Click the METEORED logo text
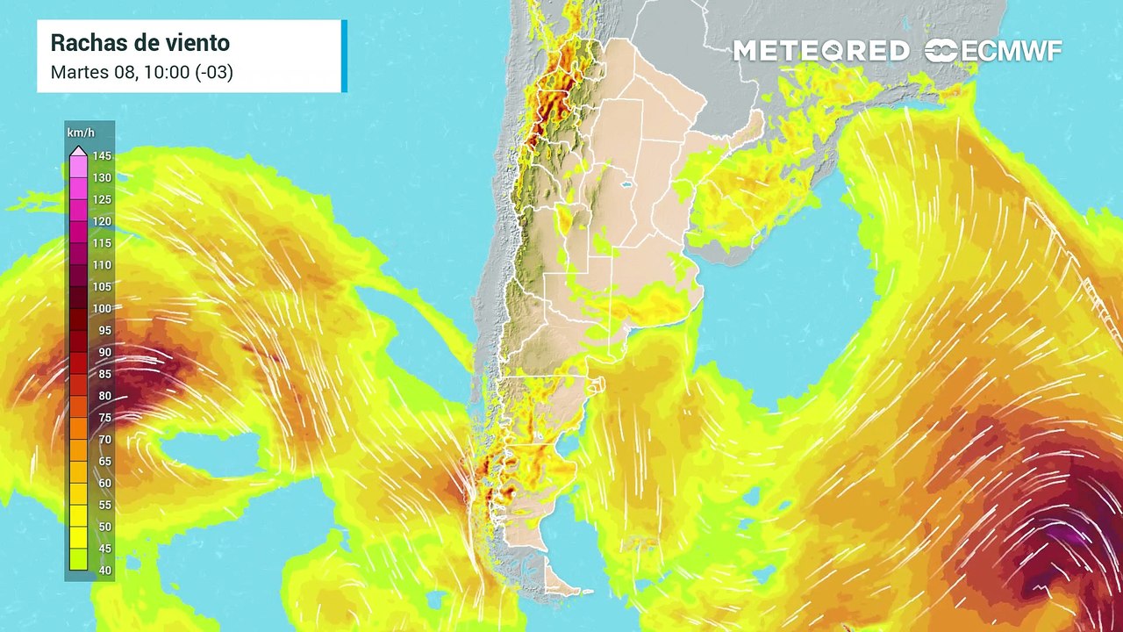click(x=820, y=51)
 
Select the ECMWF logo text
click(x=1012, y=51)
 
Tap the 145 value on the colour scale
click(x=102, y=156)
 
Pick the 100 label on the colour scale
click(x=102, y=309)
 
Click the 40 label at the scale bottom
click(x=102, y=571)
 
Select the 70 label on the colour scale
click(x=102, y=440)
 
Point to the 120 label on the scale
click(x=102, y=222)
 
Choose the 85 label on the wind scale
click(x=102, y=374)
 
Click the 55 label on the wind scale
click(x=102, y=505)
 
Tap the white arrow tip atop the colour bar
click(x=78, y=149)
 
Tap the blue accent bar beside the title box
click(x=344, y=56)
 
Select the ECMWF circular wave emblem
click(x=941, y=51)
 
